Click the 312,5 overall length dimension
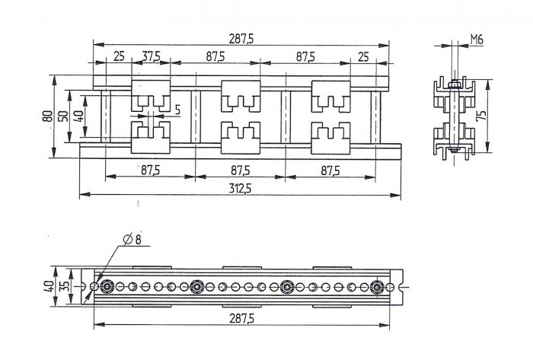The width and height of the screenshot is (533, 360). [x=240, y=189]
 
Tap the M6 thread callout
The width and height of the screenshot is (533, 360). [x=477, y=40]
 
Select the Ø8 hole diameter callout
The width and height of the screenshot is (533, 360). [x=132, y=240]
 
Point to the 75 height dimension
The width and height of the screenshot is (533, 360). [x=481, y=116]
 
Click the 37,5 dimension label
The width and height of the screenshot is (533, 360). [x=151, y=56]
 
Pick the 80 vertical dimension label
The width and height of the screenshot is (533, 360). [x=47, y=116]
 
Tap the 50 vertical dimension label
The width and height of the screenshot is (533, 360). [x=63, y=116]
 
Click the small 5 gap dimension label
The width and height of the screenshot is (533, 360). [x=177, y=110]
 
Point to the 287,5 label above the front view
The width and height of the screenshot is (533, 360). [x=241, y=39]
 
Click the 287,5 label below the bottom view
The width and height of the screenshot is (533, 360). [x=241, y=319]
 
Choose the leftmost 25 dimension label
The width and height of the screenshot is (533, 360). [x=119, y=56]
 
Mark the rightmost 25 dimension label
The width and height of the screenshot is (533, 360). [x=363, y=57]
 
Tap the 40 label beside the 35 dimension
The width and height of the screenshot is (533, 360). [x=49, y=287]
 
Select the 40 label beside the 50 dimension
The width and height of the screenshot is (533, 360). [x=79, y=116]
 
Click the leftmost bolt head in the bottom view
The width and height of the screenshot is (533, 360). [x=107, y=288]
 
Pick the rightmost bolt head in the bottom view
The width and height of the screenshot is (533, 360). [x=377, y=288]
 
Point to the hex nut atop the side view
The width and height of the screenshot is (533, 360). [x=453, y=84]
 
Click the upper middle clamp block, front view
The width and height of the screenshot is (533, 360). [x=241, y=96]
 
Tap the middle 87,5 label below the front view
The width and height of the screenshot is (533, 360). [x=241, y=170]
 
